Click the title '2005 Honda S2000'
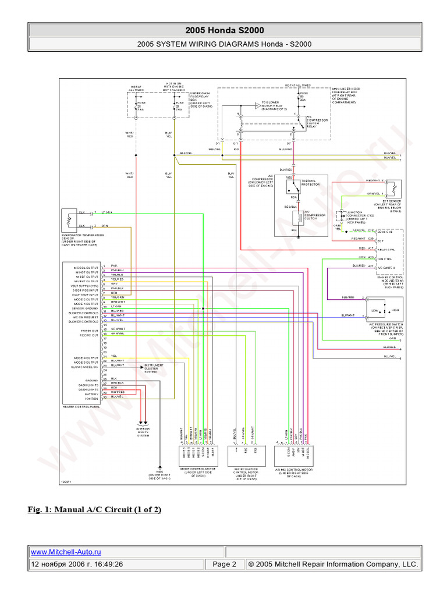(x=223, y=30)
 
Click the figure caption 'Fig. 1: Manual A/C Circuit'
(x=95, y=510)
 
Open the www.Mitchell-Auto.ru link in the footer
(x=65, y=552)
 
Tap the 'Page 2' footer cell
(x=224, y=564)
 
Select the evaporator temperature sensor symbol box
(x=70, y=220)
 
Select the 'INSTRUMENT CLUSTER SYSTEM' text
(x=154, y=368)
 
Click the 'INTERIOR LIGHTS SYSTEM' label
(x=143, y=432)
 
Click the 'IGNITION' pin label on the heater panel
(x=93, y=398)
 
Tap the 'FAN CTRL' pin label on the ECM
(x=384, y=257)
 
